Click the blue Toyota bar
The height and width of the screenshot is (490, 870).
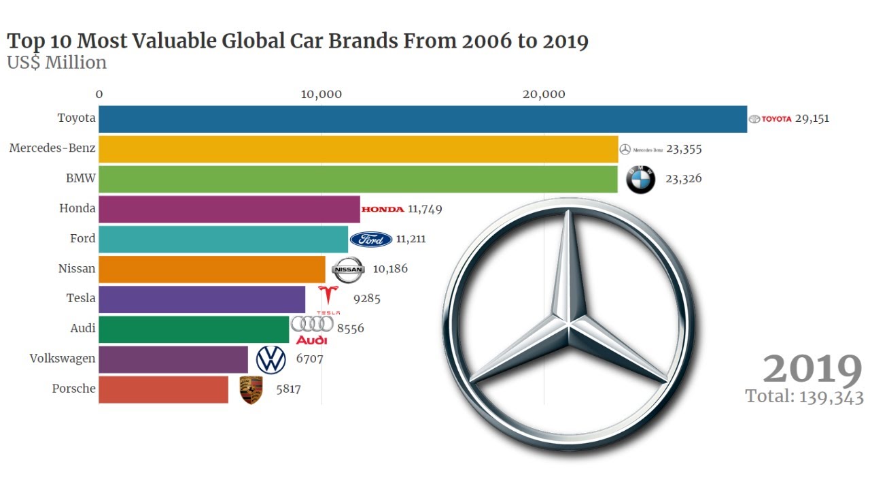point(421,119)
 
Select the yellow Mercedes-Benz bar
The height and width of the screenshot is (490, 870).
point(358,149)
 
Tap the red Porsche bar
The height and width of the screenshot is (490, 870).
point(163,389)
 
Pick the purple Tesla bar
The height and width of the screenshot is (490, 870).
point(202,299)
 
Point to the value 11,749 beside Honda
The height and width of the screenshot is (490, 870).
point(425,209)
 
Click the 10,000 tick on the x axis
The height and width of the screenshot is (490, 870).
point(321,95)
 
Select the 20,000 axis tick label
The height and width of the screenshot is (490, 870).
point(544,95)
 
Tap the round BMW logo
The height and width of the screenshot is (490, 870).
point(640,179)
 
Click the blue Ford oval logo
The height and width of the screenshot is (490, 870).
point(370,239)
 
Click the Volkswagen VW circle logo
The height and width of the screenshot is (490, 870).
point(271,359)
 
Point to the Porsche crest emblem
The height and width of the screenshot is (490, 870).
point(251,390)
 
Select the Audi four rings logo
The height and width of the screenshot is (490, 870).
point(312,325)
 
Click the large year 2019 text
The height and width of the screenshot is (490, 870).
point(812,370)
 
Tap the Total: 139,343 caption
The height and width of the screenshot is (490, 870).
point(804,397)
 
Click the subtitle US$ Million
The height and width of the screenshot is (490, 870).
point(56,63)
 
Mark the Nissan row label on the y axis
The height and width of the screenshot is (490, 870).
point(76,268)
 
